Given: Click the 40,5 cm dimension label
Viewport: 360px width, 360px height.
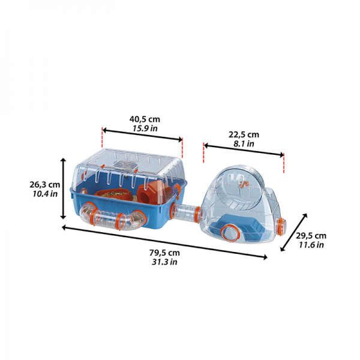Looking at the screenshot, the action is click(145, 119).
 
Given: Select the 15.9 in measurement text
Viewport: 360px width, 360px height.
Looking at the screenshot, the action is click(145, 128).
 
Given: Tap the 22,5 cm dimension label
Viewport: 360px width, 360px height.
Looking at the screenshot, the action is click(244, 134).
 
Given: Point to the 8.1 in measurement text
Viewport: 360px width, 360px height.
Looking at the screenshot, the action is click(244, 144).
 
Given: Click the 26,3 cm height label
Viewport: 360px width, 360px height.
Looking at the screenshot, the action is click(44, 185).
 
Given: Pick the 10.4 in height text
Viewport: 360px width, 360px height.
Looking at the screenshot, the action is click(45, 194).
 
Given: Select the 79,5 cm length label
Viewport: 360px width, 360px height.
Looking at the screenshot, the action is click(164, 253).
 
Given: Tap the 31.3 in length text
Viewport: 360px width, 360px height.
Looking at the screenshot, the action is click(164, 262).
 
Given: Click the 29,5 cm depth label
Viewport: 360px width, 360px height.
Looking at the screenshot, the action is click(311, 236).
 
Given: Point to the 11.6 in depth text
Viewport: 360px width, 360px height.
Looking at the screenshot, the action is click(311, 245).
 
